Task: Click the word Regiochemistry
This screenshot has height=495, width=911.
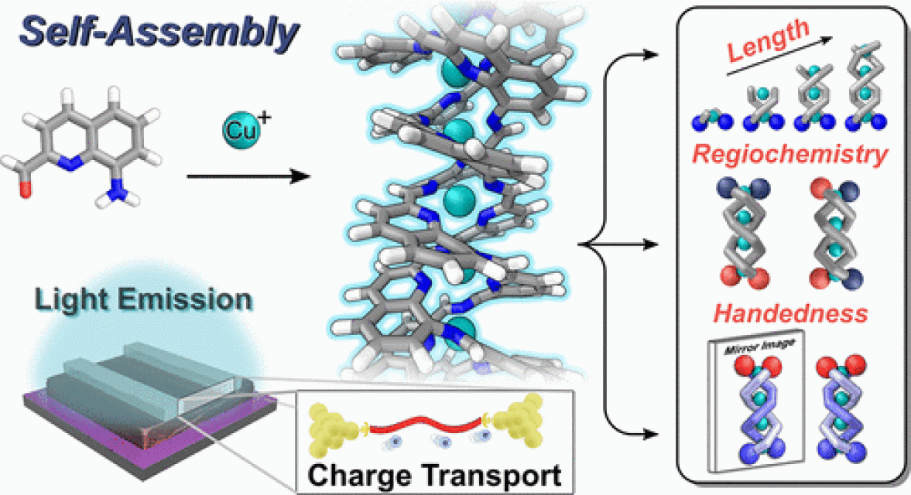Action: click(x=789, y=154)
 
